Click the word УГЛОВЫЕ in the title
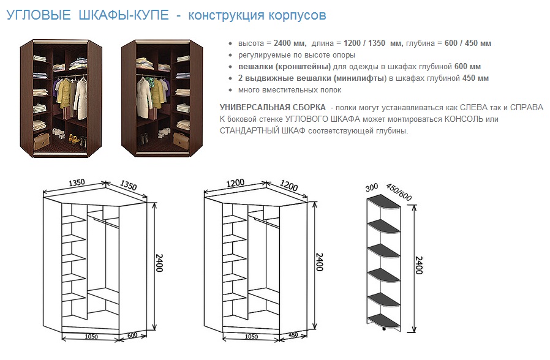click(39, 15)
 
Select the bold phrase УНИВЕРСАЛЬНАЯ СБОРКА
click(273, 107)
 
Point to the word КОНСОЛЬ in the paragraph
click(464, 119)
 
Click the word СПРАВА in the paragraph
click(527, 107)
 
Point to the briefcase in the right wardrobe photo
click(181, 140)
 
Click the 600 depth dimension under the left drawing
click(132, 335)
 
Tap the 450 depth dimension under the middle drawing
click(293, 335)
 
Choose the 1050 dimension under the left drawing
click(91, 337)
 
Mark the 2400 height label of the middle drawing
click(319, 262)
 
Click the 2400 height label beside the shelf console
click(419, 265)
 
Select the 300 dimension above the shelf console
click(371, 187)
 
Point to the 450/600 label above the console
click(399, 192)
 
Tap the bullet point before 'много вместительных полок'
click(230, 90)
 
